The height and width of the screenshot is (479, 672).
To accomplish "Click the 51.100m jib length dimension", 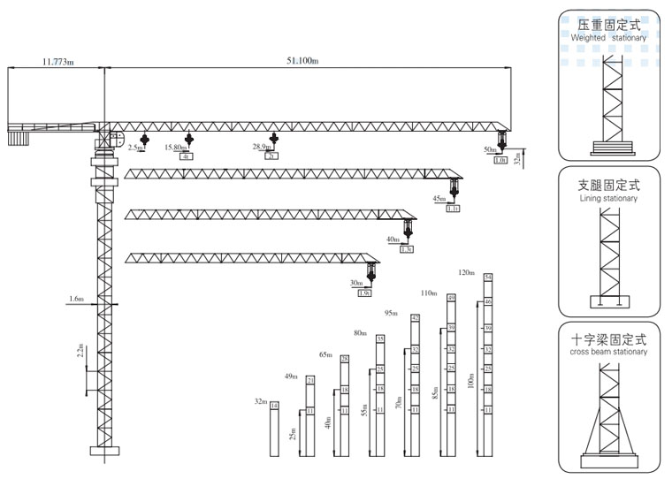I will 302,61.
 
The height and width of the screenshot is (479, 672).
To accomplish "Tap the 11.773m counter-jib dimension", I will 55,61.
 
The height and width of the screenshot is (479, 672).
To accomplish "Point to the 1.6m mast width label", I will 75,300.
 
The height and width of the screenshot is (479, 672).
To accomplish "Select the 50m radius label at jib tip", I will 490,150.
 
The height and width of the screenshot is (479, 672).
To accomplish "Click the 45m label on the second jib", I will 439,199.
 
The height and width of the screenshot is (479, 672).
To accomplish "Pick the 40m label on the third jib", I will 393,239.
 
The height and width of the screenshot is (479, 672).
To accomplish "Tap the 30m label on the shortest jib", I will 356,283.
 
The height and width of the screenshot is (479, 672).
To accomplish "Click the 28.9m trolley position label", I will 261,147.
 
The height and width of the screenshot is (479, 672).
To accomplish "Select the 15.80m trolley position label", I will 176,147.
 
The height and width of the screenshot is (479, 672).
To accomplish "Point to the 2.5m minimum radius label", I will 134,147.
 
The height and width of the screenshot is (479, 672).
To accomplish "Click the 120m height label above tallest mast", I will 467,272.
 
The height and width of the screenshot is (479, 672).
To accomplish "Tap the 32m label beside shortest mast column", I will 261,401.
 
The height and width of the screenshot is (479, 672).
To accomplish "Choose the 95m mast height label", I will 392,313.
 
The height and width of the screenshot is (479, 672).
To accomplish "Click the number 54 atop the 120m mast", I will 488,278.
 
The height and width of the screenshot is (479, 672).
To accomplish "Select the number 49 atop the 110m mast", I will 451,299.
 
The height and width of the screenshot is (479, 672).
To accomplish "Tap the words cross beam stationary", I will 608,352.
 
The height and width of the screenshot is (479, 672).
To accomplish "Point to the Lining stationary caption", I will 608,199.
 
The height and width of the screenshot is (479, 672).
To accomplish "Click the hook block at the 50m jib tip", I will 500,138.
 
